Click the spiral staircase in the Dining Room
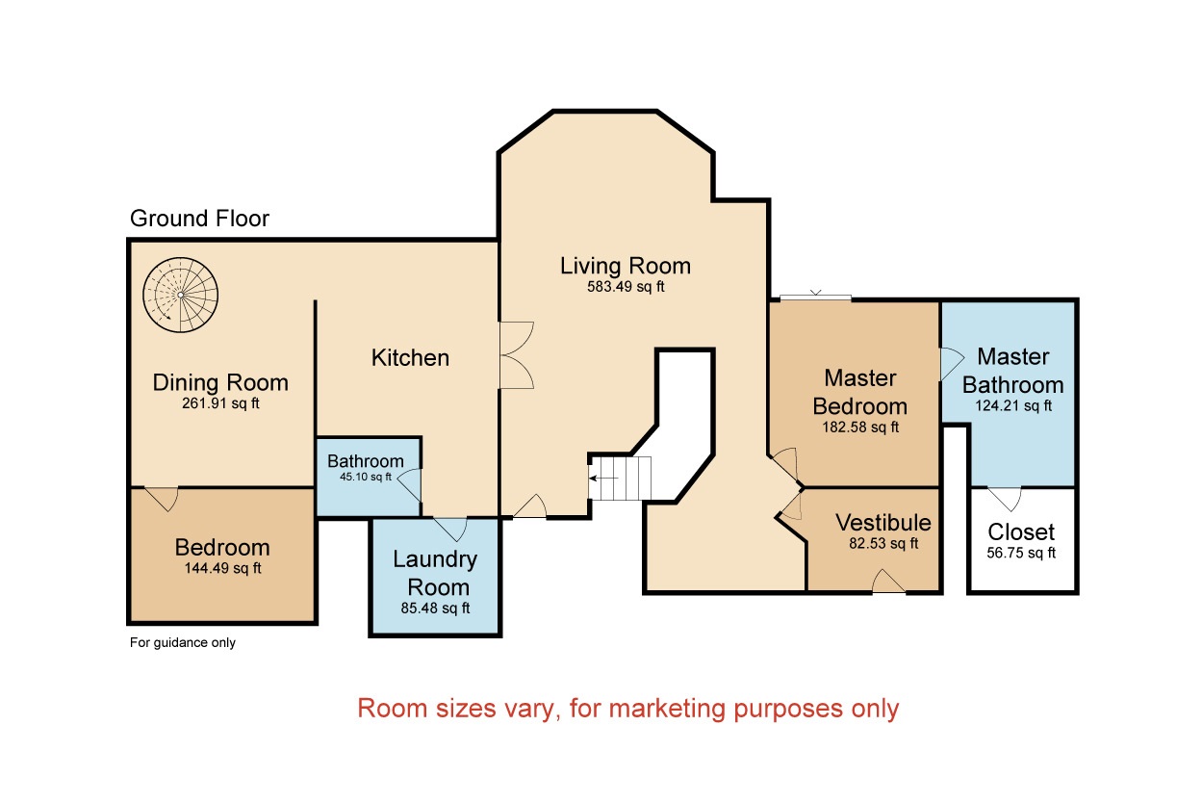pyautogui.click(x=180, y=295)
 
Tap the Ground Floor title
pyautogui.click(x=199, y=219)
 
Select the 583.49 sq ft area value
pyautogui.click(x=626, y=287)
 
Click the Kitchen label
pyautogui.click(x=411, y=358)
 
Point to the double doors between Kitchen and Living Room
pyautogui.click(x=517, y=354)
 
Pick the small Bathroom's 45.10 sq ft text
pyautogui.click(x=366, y=477)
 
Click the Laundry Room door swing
pyautogui.click(x=450, y=529)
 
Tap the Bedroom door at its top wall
pyautogui.click(x=162, y=498)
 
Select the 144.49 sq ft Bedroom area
pyautogui.click(x=222, y=568)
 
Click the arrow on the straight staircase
pyautogui.click(x=603, y=478)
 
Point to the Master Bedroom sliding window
pyautogui.click(x=815, y=297)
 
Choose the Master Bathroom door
pyautogui.click(x=952, y=364)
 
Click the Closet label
pyautogui.click(x=1021, y=531)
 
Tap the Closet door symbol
pyautogui.click(x=1005, y=499)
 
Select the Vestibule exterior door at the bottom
pyautogui.click(x=888, y=582)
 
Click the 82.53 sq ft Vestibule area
pyautogui.click(x=883, y=543)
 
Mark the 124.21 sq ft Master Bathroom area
pyautogui.click(x=1013, y=405)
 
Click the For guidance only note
pyautogui.click(x=183, y=642)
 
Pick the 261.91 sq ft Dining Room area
pyautogui.click(x=220, y=403)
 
